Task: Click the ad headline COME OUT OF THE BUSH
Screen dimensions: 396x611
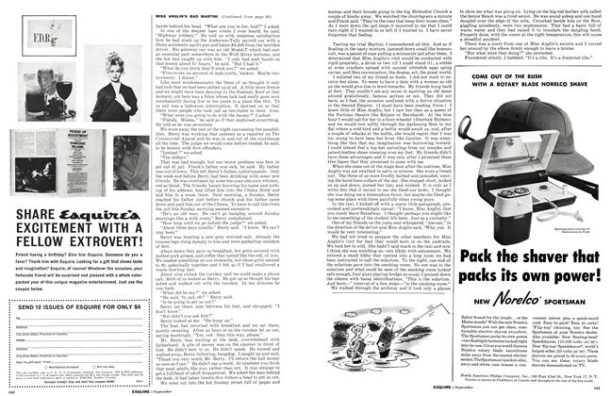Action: [532, 76]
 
